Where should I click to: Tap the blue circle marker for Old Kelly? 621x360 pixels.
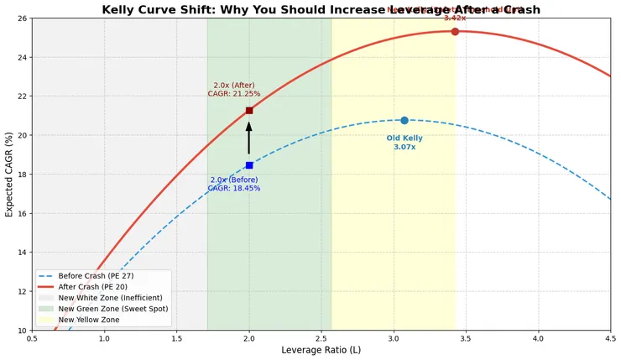(404, 121)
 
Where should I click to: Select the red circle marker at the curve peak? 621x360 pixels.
(455, 31)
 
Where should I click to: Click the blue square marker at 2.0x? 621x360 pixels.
(249, 165)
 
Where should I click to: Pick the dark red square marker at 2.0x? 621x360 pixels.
(249, 110)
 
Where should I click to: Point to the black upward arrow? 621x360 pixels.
(249, 138)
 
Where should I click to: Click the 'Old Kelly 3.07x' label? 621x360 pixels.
(404, 143)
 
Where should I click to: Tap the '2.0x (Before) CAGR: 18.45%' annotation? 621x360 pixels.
(235, 185)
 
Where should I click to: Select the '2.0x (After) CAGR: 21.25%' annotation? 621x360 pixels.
(234, 90)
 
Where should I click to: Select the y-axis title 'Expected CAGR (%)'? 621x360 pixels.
(9, 174)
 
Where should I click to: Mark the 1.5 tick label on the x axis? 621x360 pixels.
(177, 339)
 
